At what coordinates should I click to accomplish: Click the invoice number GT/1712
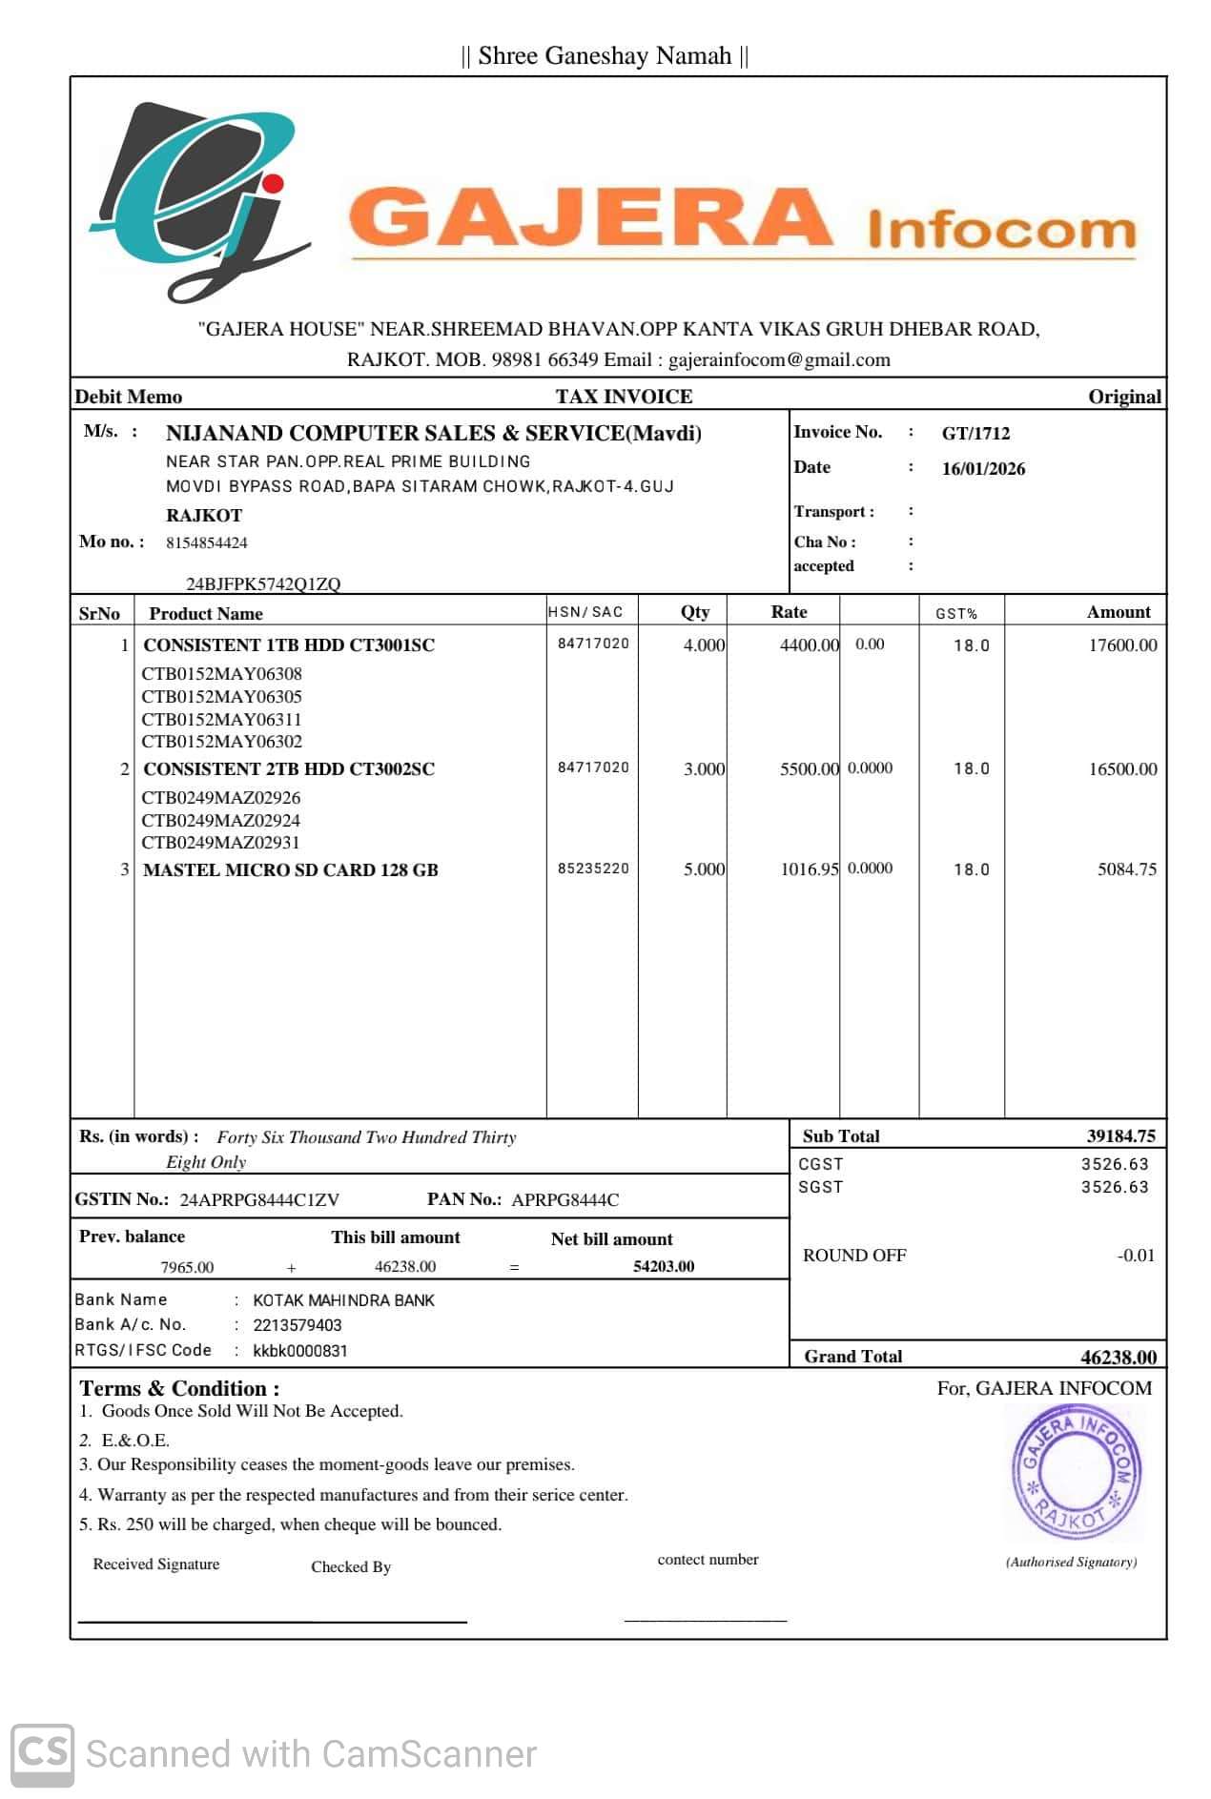(x=975, y=434)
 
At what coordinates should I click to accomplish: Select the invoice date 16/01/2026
(x=983, y=469)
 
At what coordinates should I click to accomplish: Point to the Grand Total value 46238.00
(x=1118, y=1358)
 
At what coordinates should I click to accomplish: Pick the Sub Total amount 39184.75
(x=1120, y=1136)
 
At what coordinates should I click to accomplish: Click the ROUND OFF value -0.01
(x=1136, y=1256)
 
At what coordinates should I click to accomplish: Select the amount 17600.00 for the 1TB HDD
(x=1122, y=645)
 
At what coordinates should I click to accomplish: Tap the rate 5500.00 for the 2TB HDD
(x=809, y=769)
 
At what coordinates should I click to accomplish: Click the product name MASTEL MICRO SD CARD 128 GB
(x=291, y=870)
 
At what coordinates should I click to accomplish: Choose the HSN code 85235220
(x=593, y=869)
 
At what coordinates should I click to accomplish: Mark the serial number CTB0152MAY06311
(x=221, y=720)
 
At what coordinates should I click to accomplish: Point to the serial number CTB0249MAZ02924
(x=220, y=821)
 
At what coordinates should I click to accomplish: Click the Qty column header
(x=694, y=612)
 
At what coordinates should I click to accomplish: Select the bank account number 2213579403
(x=297, y=1325)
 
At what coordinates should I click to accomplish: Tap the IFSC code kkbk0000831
(x=300, y=1351)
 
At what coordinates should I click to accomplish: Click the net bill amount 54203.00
(x=664, y=1267)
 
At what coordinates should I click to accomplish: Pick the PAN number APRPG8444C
(x=564, y=1200)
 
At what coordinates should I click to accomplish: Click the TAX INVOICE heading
(x=624, y=397)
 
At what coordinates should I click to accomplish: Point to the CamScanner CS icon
(x=43, y=1753)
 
